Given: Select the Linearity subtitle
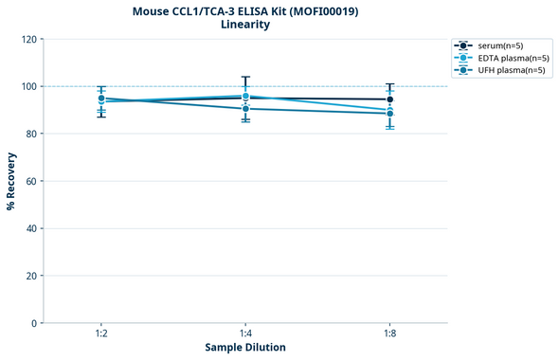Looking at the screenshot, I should [244, 25].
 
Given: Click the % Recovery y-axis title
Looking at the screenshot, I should [11, 180].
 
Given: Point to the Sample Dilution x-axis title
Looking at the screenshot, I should [245, 348].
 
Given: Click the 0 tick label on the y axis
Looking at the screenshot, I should [33, 323].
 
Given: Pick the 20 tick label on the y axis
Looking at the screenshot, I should [30, 276].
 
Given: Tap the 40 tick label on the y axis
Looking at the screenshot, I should [30, 228].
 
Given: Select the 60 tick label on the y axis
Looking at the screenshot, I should [30, 181].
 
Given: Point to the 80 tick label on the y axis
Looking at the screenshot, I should [30, 134].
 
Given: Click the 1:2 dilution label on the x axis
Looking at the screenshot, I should [101, 334].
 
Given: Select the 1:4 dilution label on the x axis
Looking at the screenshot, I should [245, 334].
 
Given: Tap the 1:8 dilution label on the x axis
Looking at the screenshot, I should [389, 334].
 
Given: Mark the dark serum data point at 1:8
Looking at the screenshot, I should [389, 99].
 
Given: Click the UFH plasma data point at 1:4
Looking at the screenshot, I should [245, 109].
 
